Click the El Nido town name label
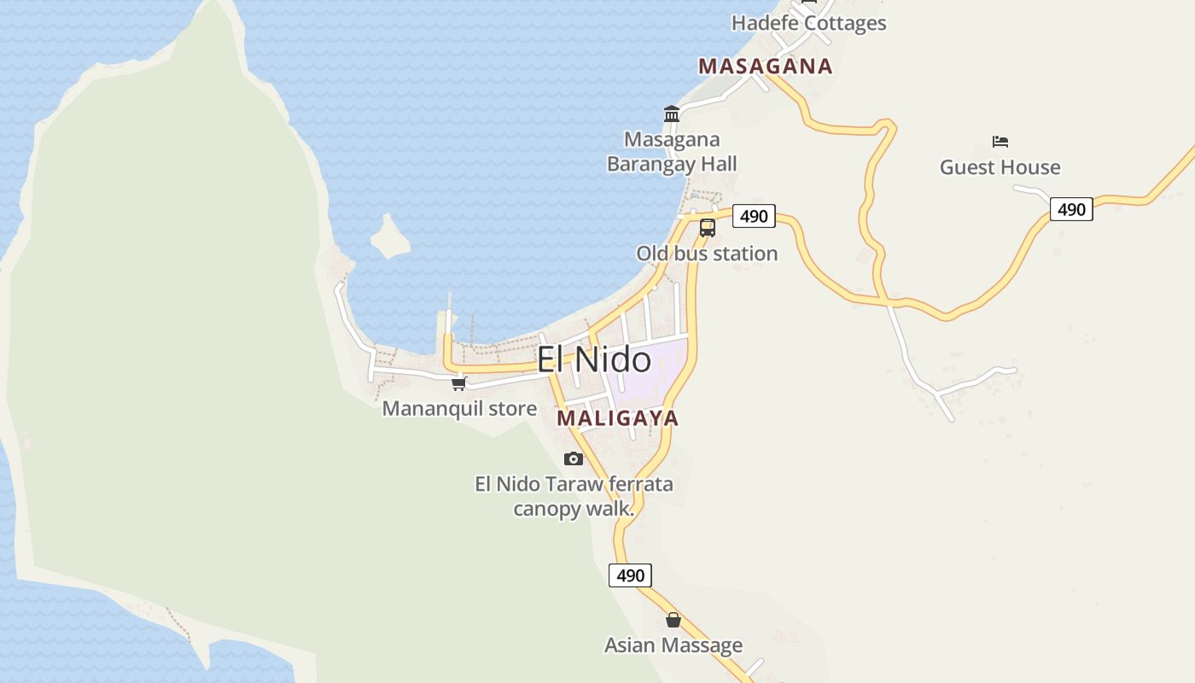[593, 360]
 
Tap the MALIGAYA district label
[617, 418]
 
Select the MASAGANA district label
[765, 67]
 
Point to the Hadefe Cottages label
[808, 23]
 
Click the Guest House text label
[1000, 167]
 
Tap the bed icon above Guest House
[1000, 141]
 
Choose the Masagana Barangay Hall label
[672, 151]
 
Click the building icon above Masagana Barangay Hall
[672, 114]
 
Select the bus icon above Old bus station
[707, 227]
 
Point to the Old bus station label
[707, 254]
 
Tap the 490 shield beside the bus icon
[754, 216]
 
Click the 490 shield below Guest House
[1070, 209]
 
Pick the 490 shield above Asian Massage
[630, 575]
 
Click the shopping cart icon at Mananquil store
[459, 383]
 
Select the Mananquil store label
[459, 409]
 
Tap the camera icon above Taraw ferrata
[574, 459]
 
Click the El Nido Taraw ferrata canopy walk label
[574, 496]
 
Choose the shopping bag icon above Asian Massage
[673, 620]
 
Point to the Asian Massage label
[673, 645]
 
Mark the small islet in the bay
[391, 237]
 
